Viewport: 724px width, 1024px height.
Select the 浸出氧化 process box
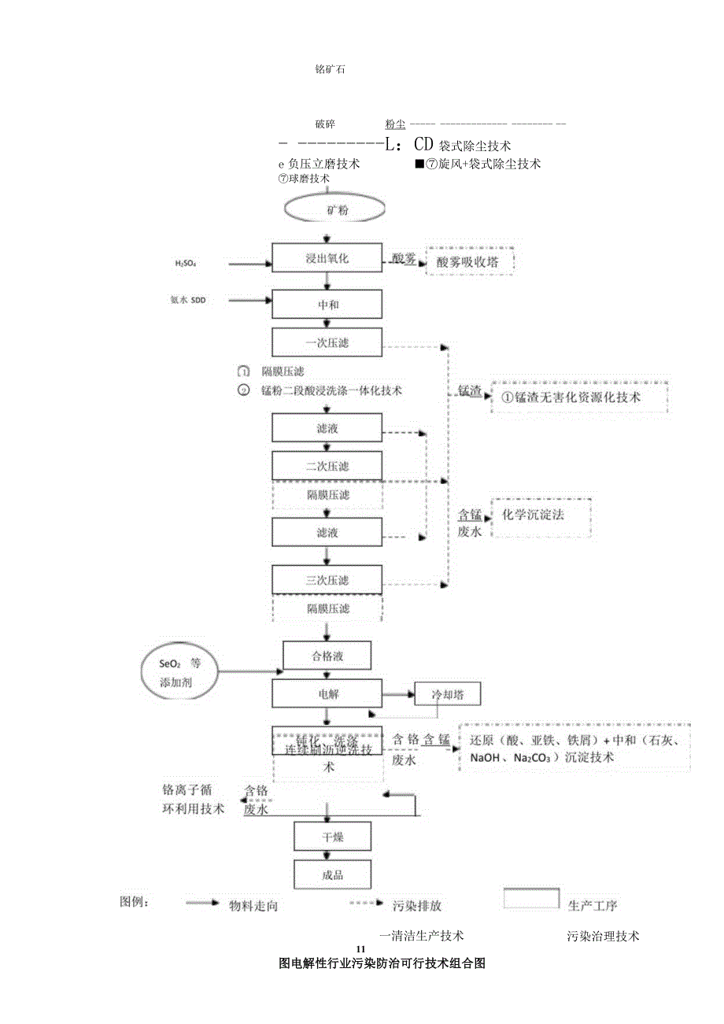[x=327, y=258]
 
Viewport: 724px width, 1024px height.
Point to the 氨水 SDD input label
[x=187, y=300]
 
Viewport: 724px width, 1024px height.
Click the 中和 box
[x=327, y=304]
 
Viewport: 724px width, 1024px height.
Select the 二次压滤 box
[x=327, y=465]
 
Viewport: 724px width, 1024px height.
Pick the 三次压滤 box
[x=327, y=580]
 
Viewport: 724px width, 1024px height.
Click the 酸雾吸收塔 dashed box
[x=469, y=262]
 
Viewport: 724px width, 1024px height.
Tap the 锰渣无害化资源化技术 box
[x=578, y=397]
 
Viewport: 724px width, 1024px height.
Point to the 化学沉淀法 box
[x=540, y=517]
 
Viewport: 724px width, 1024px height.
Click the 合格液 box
[x=327, y=655]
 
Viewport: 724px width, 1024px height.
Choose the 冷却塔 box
[x=447, y=694]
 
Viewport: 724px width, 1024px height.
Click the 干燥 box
[x=332, y=837]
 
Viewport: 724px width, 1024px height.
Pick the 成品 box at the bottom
[x=332, y=874]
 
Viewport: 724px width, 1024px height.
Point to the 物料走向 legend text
[x=253, y=906]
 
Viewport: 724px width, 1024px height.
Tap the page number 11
[x=361, y=947]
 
